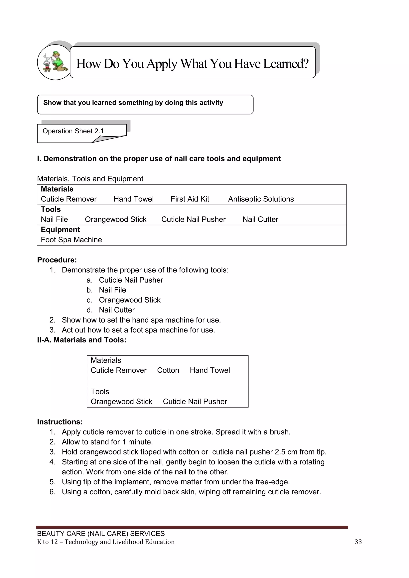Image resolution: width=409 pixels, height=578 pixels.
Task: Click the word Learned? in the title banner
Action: [286, 64]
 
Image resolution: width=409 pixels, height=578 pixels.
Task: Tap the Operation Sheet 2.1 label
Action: [73, 131]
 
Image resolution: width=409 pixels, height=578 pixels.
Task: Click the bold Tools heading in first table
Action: [51, 209]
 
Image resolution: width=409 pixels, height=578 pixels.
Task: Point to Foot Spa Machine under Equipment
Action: [71, 240]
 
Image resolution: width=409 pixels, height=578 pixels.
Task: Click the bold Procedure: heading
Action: [57, 260]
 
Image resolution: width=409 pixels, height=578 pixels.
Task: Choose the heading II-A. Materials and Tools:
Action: [82, 340]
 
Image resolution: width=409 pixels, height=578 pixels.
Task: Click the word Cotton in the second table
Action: [168, 370]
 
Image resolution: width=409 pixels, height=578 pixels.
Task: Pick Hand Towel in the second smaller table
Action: [210, 370]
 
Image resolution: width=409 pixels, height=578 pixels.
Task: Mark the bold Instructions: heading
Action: [60, 422]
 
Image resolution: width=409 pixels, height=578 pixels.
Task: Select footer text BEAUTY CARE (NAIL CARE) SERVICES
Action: [101, 534]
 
